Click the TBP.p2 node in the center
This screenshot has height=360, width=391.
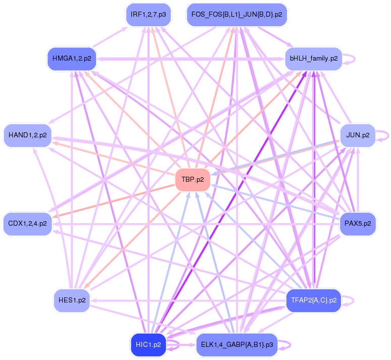192,180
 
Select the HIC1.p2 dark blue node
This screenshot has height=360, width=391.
148,345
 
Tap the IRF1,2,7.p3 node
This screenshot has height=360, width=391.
148,15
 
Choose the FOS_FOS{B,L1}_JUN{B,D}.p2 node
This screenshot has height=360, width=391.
236,15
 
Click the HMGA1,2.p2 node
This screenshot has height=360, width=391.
72,59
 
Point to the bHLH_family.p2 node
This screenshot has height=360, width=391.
313,59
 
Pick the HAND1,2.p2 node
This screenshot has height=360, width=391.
28,135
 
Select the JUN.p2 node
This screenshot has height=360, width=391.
358,135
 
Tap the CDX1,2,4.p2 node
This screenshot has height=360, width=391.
28,223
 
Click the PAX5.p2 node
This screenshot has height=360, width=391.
358,223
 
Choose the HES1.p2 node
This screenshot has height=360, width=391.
72,300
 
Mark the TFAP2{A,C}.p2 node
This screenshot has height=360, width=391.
313,300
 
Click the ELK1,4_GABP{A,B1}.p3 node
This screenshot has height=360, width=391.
236,345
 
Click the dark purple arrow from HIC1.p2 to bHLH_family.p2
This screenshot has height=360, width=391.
232,202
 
